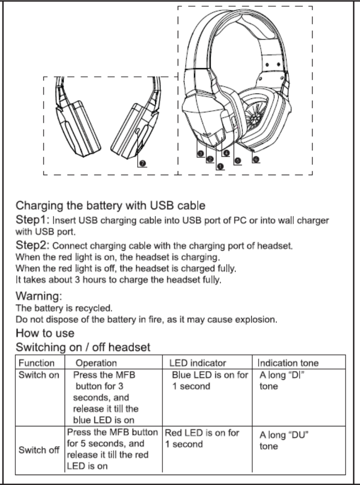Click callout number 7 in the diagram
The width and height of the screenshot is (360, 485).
pyautogui.click(x=142, y=163)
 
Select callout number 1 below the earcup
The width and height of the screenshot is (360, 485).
pyautogui.click(x=220, y=166)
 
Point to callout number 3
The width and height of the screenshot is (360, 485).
pyautogui.click(x=200, y=154)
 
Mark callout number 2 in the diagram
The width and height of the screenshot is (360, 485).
pyautogui.click(x=209, y=159)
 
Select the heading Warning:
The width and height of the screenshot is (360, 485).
pyautogui.click(x=38, y=297)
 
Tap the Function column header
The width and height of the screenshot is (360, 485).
pyautogui.click(x=37, y=363)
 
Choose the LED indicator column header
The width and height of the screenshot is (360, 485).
pyautogui.click(x=198, y=363)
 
